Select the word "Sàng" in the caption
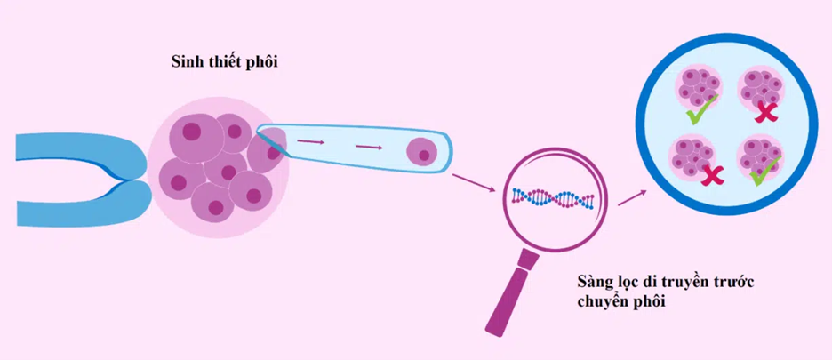(593, 283)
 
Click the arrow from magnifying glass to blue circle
(631, 196)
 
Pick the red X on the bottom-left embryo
(711, 176)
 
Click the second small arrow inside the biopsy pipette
(368, 147)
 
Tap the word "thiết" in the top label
(222, 62)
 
